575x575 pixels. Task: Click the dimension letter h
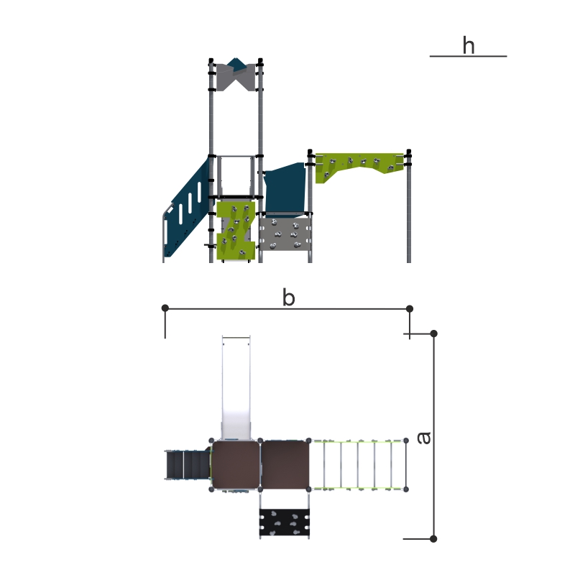(469, 45)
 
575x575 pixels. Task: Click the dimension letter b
(289, 298)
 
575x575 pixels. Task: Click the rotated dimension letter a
(424, 438)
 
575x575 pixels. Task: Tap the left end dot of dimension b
(165, 308)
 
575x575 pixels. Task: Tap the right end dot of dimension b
(410, 309)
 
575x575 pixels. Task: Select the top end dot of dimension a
(434, 333)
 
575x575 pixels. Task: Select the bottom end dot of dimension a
(433, 538)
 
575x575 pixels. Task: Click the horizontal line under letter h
(469, 56)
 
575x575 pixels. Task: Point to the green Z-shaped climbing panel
(236, 230)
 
